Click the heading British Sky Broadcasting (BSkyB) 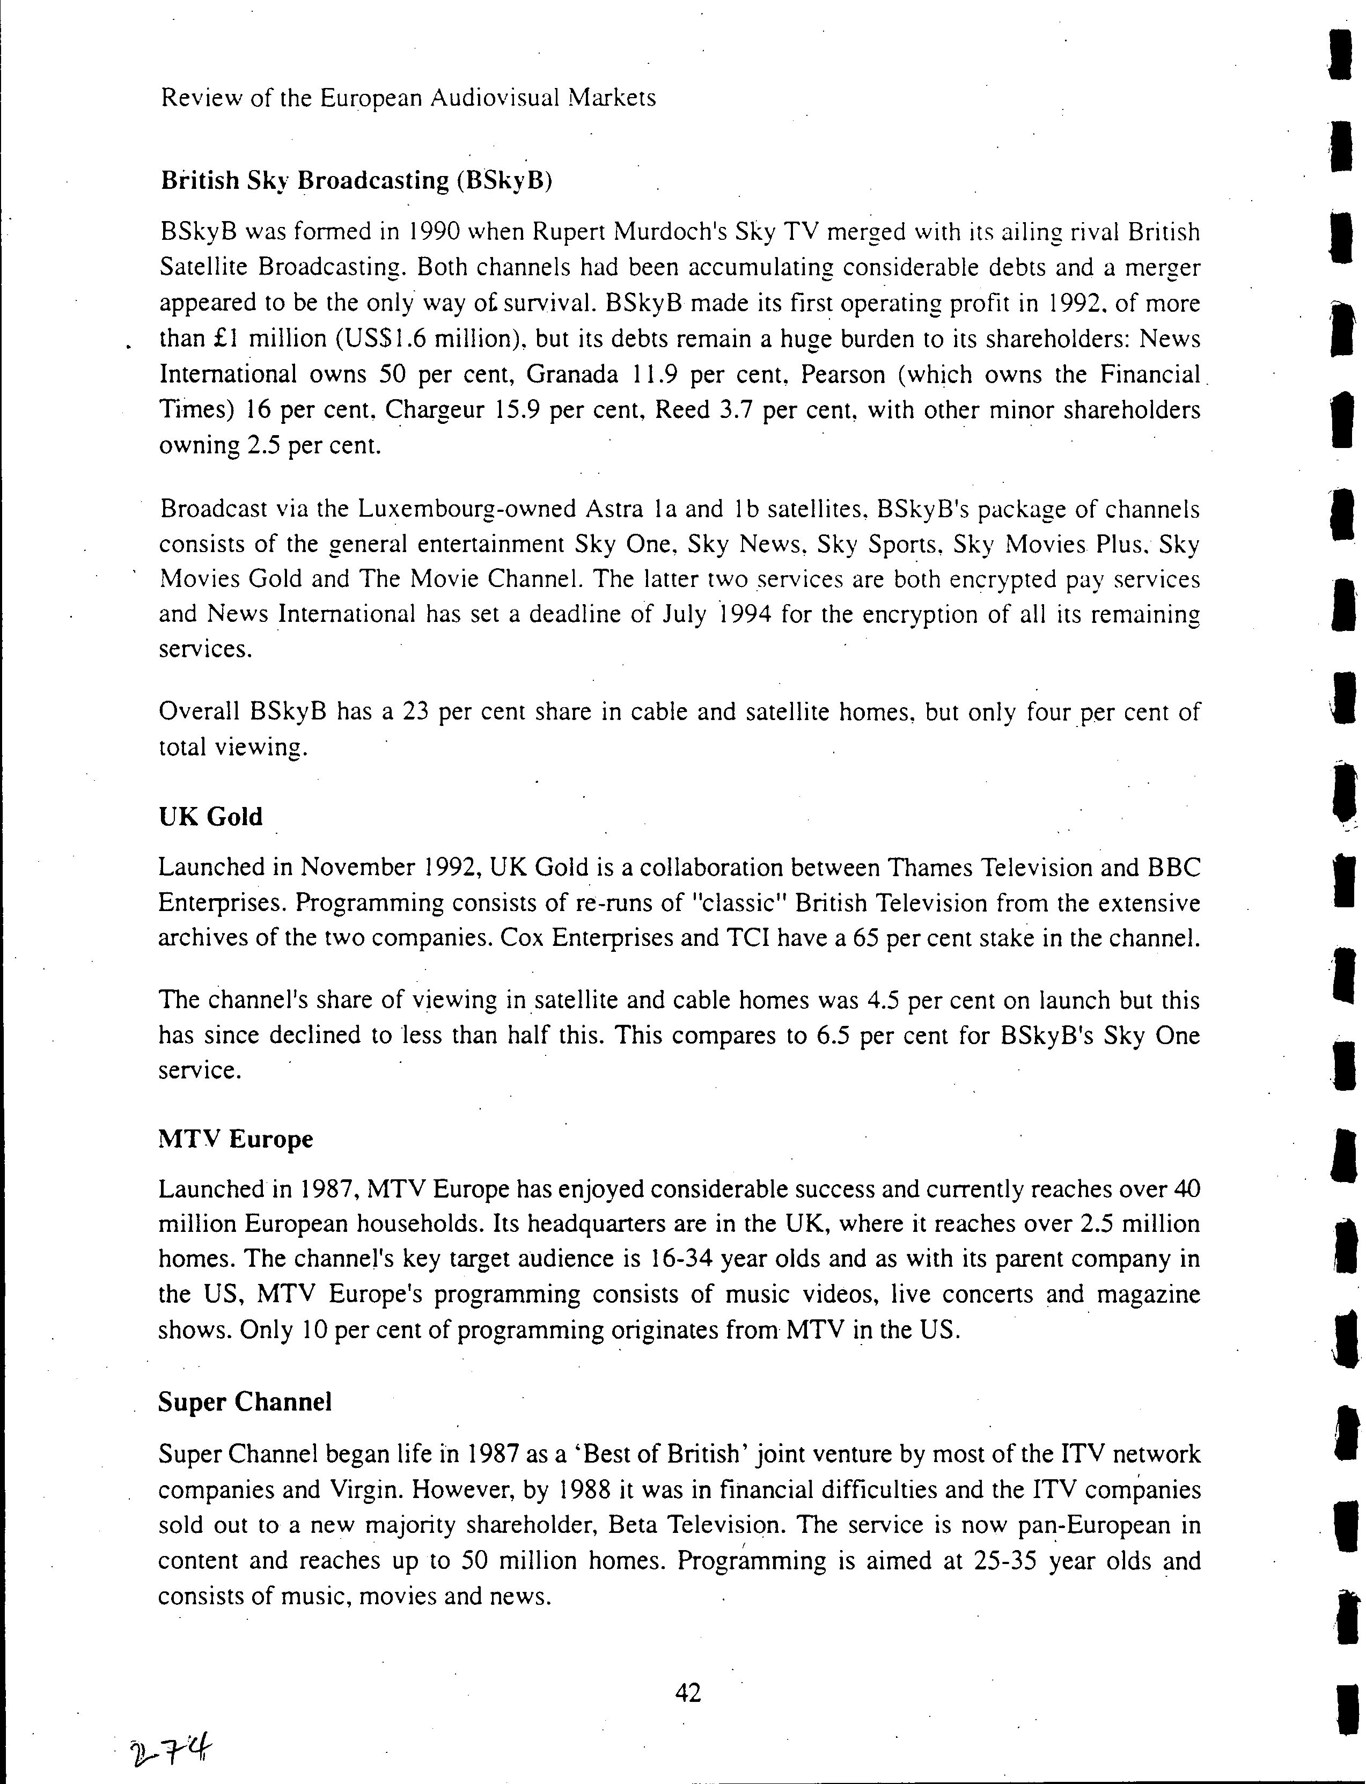(356, 180)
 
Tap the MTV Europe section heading (235, 1139)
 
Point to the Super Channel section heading (245, 1402)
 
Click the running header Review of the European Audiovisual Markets (408, 98)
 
